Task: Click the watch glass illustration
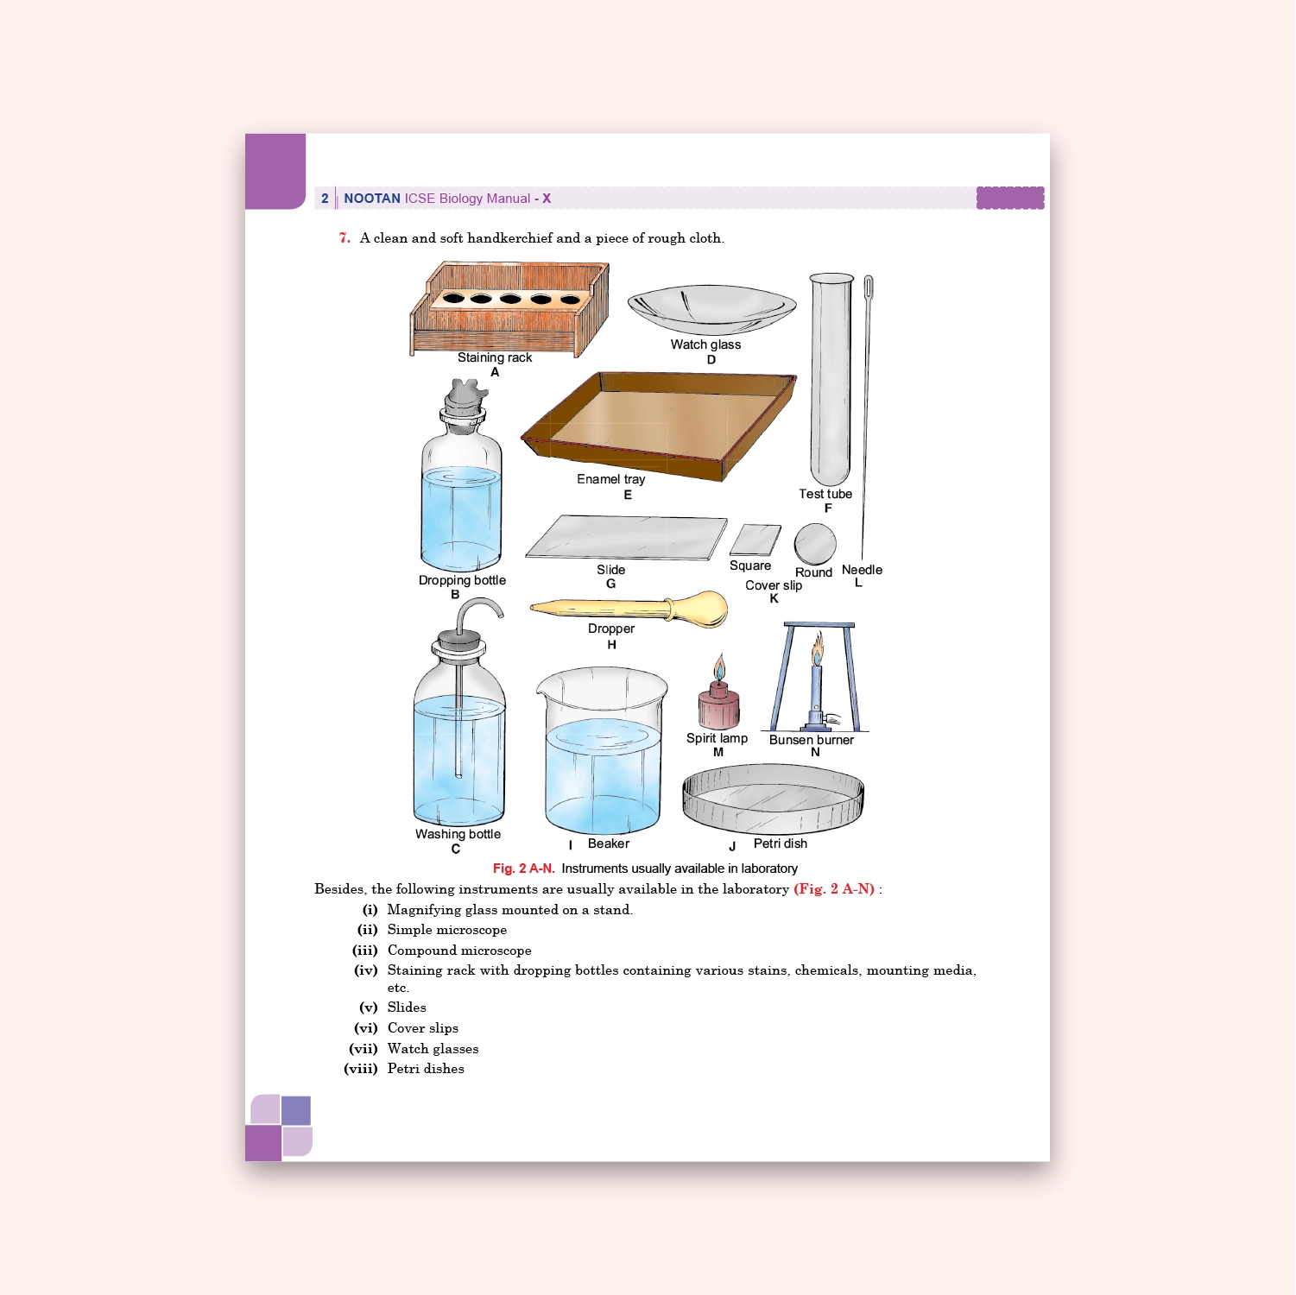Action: [x=711, y=309]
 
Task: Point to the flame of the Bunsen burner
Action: [x=817, y=649]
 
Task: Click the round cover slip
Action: [x=815, y=544]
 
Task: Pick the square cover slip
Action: [x=755, y=540]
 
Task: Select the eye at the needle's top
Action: [x=869, y=286]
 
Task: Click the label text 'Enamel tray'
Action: [x=610, y=479]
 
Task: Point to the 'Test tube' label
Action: [x=825, y=494]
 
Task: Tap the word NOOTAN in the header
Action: [x=372, y=199]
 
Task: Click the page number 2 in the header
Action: [x=325, y=199]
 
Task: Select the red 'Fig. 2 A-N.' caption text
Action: [x=523, y=869]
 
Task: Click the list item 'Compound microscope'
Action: [x=458, y=951]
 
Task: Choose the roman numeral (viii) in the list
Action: [x=361, y=1069]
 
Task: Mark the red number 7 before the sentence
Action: [x=345, y=238]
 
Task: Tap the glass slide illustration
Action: [x=626, y=538]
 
